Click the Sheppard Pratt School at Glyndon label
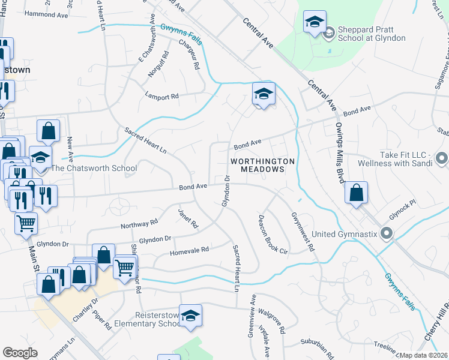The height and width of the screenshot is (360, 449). tap(372, 33)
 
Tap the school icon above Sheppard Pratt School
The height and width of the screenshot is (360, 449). tap(314, 23)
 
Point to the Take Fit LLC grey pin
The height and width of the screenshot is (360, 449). tap(442, 158)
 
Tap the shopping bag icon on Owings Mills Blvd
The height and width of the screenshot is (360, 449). tap(357, 193)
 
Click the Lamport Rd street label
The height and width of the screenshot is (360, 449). tap(162, 95)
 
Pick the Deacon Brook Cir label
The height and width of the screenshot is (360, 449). tap(273, 234)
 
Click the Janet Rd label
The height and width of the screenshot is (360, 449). tap(187, 218)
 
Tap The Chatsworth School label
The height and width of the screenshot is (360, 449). tap(94, 168)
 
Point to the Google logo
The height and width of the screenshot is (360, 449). tap(20, 353)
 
